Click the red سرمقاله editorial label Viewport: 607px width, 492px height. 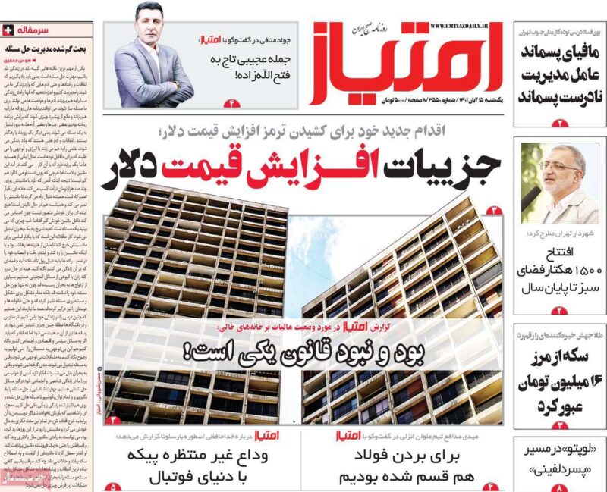[x=35, y=30]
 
